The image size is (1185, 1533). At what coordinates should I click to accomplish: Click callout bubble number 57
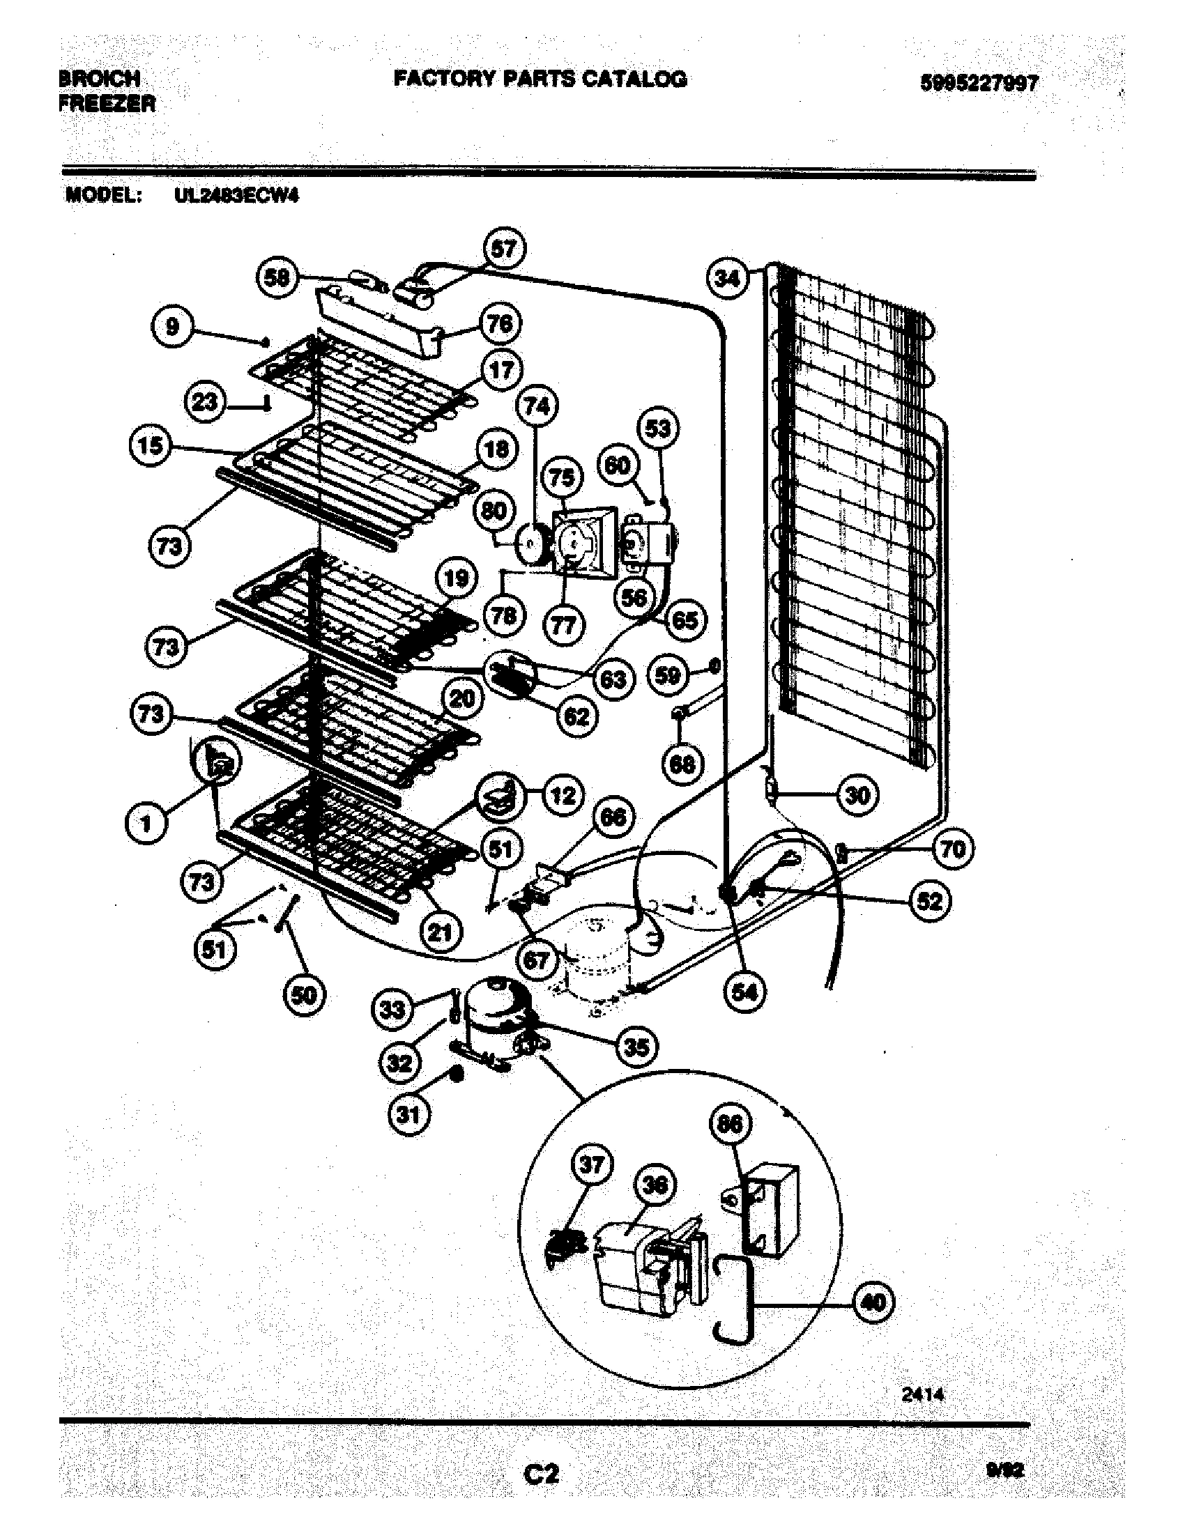click(503, 249)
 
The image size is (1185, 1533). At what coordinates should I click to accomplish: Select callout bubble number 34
click(727, 279)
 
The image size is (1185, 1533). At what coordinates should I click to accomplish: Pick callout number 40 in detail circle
click(873, 1302)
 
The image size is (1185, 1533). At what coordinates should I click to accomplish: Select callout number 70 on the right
click(953, 849)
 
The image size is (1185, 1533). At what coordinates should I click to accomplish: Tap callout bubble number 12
click(563, 795)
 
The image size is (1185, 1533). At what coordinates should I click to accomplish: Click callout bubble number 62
click(576, 716)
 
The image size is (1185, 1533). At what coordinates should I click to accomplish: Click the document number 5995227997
click(979, 84)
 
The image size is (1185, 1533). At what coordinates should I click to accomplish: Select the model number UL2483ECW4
click(236, 196)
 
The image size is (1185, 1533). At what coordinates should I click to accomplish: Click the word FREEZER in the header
click(107, 104)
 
